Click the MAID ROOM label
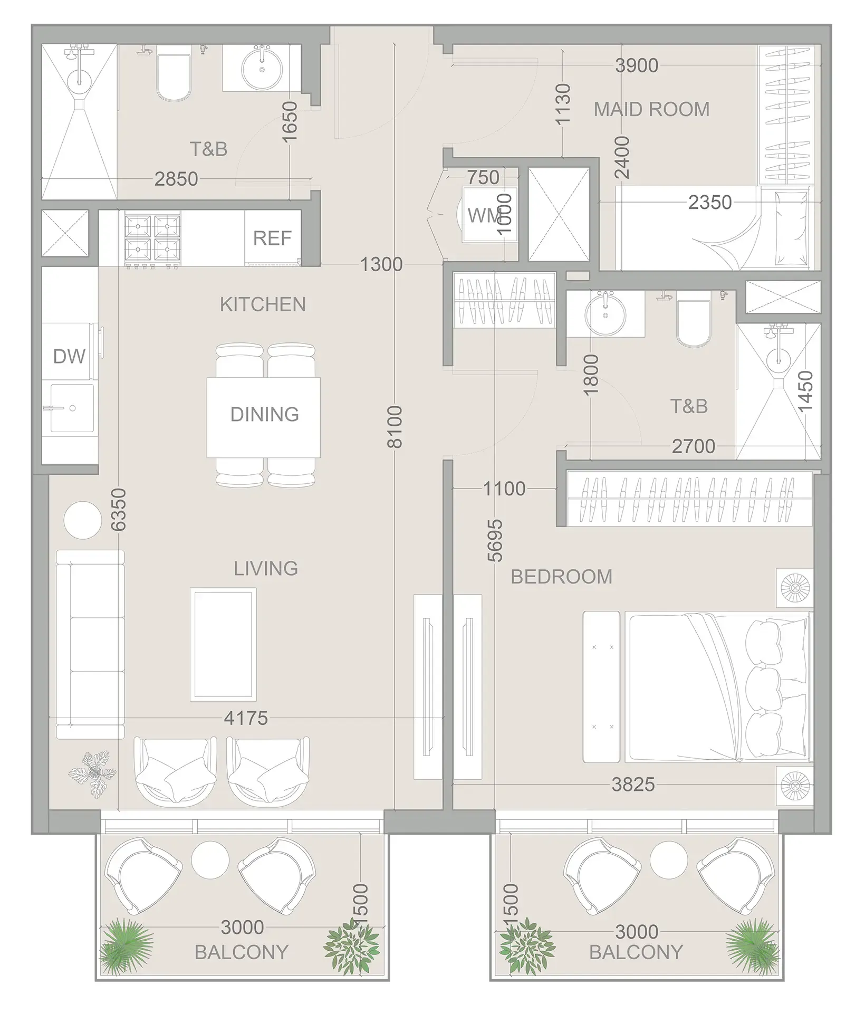(651, 109)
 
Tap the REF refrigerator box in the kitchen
(272, 238)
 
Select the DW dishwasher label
(69, 357)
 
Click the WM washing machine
(483, 215)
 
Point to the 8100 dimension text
(395, 427)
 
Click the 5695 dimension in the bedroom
(495, 540)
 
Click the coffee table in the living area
(224, 644)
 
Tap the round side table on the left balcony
(209, 859)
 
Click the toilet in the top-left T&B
(174, 78)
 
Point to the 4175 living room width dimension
(246, 718)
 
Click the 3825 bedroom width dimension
(633, 785)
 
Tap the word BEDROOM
(561, 577)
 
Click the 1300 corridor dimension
(381, 264)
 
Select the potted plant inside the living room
(93, 773)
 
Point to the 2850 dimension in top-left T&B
(176, 179)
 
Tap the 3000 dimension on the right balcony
(637, 932)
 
